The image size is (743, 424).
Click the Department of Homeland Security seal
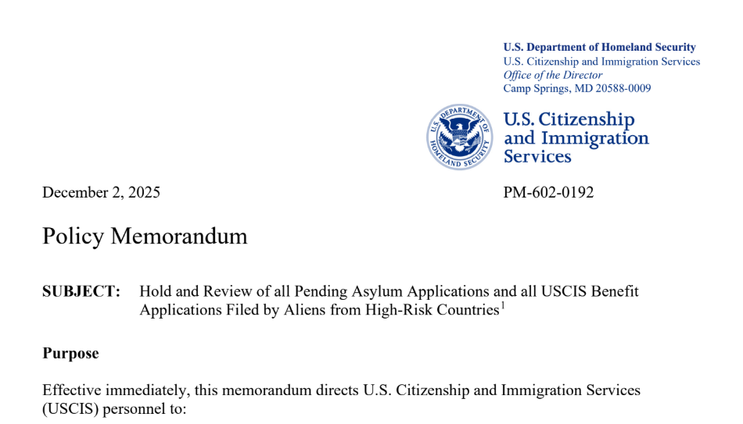coord(460,137)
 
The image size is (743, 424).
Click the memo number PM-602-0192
coord(548,192)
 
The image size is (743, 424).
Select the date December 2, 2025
coord(101,192)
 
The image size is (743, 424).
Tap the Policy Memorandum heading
coord(145,236)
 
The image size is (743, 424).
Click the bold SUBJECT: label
coord(81,291)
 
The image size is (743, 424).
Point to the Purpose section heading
coord(70,353)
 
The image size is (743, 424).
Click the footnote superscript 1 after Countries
coord(502,305)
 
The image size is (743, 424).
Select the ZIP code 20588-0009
coord(623,88)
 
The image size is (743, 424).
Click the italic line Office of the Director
coord(552,75)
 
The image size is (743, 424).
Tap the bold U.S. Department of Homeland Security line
coord(599,48)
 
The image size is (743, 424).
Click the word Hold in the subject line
coord(155,291)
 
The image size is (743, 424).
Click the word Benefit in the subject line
coord(615,291)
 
